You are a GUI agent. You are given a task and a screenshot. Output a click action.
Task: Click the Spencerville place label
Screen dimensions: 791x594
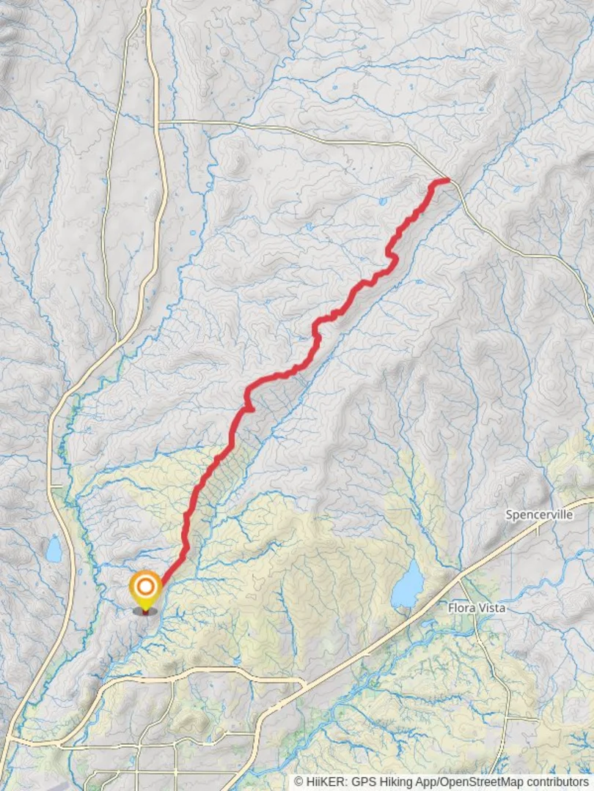pos(539,515)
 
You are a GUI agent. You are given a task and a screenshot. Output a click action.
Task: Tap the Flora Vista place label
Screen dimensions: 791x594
pos(477,608)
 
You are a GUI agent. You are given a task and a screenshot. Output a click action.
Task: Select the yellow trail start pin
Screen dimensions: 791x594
pos(145,589)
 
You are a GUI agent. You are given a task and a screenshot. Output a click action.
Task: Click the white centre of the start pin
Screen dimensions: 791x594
pos(145,586)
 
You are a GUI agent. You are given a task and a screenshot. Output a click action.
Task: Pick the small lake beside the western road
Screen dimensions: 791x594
pos(54,549)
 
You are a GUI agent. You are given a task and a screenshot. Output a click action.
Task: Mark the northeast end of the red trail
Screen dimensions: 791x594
pos(447,179)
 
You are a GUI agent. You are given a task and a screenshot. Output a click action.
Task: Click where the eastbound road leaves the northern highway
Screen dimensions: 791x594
pos(160,121)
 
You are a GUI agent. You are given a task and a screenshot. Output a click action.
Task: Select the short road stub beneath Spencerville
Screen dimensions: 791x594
pos(538,528)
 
